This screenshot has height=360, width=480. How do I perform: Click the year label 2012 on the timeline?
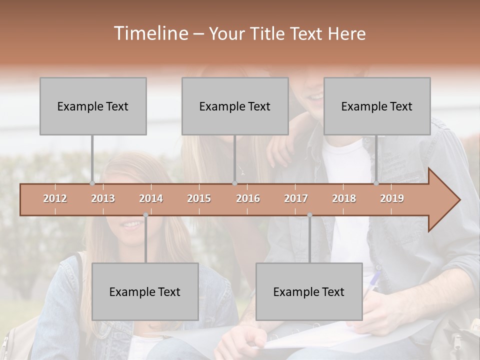coord(55,198)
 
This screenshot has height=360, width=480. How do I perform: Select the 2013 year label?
coord(103,198)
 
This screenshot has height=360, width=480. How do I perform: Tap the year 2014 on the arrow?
coord(151,198)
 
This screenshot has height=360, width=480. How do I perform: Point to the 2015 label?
coord(199,198)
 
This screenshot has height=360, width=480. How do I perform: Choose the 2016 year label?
coord(248,198)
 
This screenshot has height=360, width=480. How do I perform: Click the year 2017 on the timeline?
coord(296,198)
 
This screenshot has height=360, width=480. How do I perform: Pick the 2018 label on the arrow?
coord(344,198)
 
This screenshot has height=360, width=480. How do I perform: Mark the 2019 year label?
coord(392,198)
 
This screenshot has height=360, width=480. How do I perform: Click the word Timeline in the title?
coord(150,33)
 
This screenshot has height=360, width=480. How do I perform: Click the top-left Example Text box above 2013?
coord(93,106)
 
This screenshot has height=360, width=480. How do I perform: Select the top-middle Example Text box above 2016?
coord(235,106)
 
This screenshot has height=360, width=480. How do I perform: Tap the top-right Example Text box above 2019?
coord(377,106)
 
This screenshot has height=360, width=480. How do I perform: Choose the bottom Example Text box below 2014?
coord(145,291)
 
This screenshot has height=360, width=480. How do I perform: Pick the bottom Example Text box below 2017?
coord(309,291)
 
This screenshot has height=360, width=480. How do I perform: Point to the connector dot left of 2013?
coord(92,183)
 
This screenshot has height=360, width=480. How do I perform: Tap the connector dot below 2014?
coord(145,215)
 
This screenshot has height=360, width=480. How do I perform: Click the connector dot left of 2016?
coord(234,183)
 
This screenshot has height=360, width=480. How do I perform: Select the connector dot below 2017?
coord(309,215)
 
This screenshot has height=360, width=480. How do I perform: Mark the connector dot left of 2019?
coord(376,183)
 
